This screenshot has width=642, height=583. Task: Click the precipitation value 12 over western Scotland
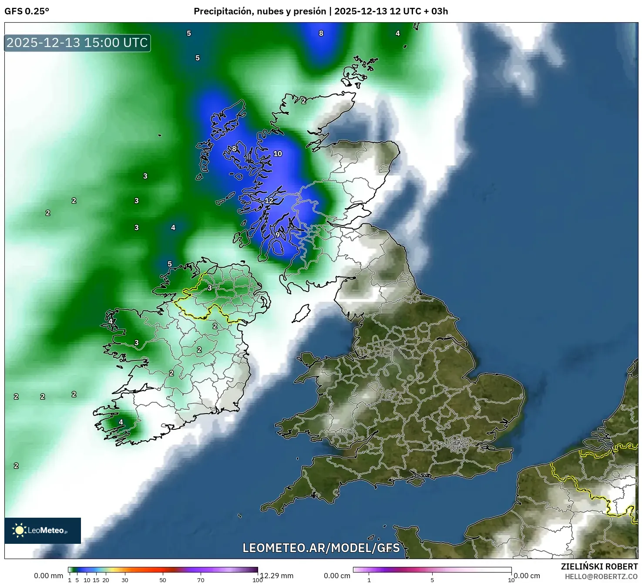(269, 201)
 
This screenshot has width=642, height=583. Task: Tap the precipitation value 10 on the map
(278, 154)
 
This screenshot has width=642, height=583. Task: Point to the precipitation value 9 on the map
(277, 235)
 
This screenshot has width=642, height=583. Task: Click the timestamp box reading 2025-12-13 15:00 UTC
(77, 43)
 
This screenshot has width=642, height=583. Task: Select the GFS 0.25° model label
(27, 11)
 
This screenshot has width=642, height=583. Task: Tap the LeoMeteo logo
(43, 530)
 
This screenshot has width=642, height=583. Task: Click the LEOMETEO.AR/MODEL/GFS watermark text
(321, 548)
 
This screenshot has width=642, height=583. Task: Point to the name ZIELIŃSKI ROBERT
(599, 566)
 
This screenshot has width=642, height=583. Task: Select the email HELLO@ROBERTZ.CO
(601, 576)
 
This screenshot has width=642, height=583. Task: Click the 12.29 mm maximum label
(277, 576)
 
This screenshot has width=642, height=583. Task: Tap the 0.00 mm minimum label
(48, 576)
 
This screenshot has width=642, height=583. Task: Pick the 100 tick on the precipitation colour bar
(258, 580)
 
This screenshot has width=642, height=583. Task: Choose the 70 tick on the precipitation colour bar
(201, 580)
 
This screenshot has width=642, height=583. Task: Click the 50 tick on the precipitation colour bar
(163, 580)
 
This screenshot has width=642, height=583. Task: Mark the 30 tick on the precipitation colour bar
(125, 580)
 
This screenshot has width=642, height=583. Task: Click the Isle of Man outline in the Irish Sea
(301, 313)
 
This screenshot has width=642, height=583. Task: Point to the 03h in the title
(440, 11)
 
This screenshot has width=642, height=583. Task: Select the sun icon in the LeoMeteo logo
(19, 530)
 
